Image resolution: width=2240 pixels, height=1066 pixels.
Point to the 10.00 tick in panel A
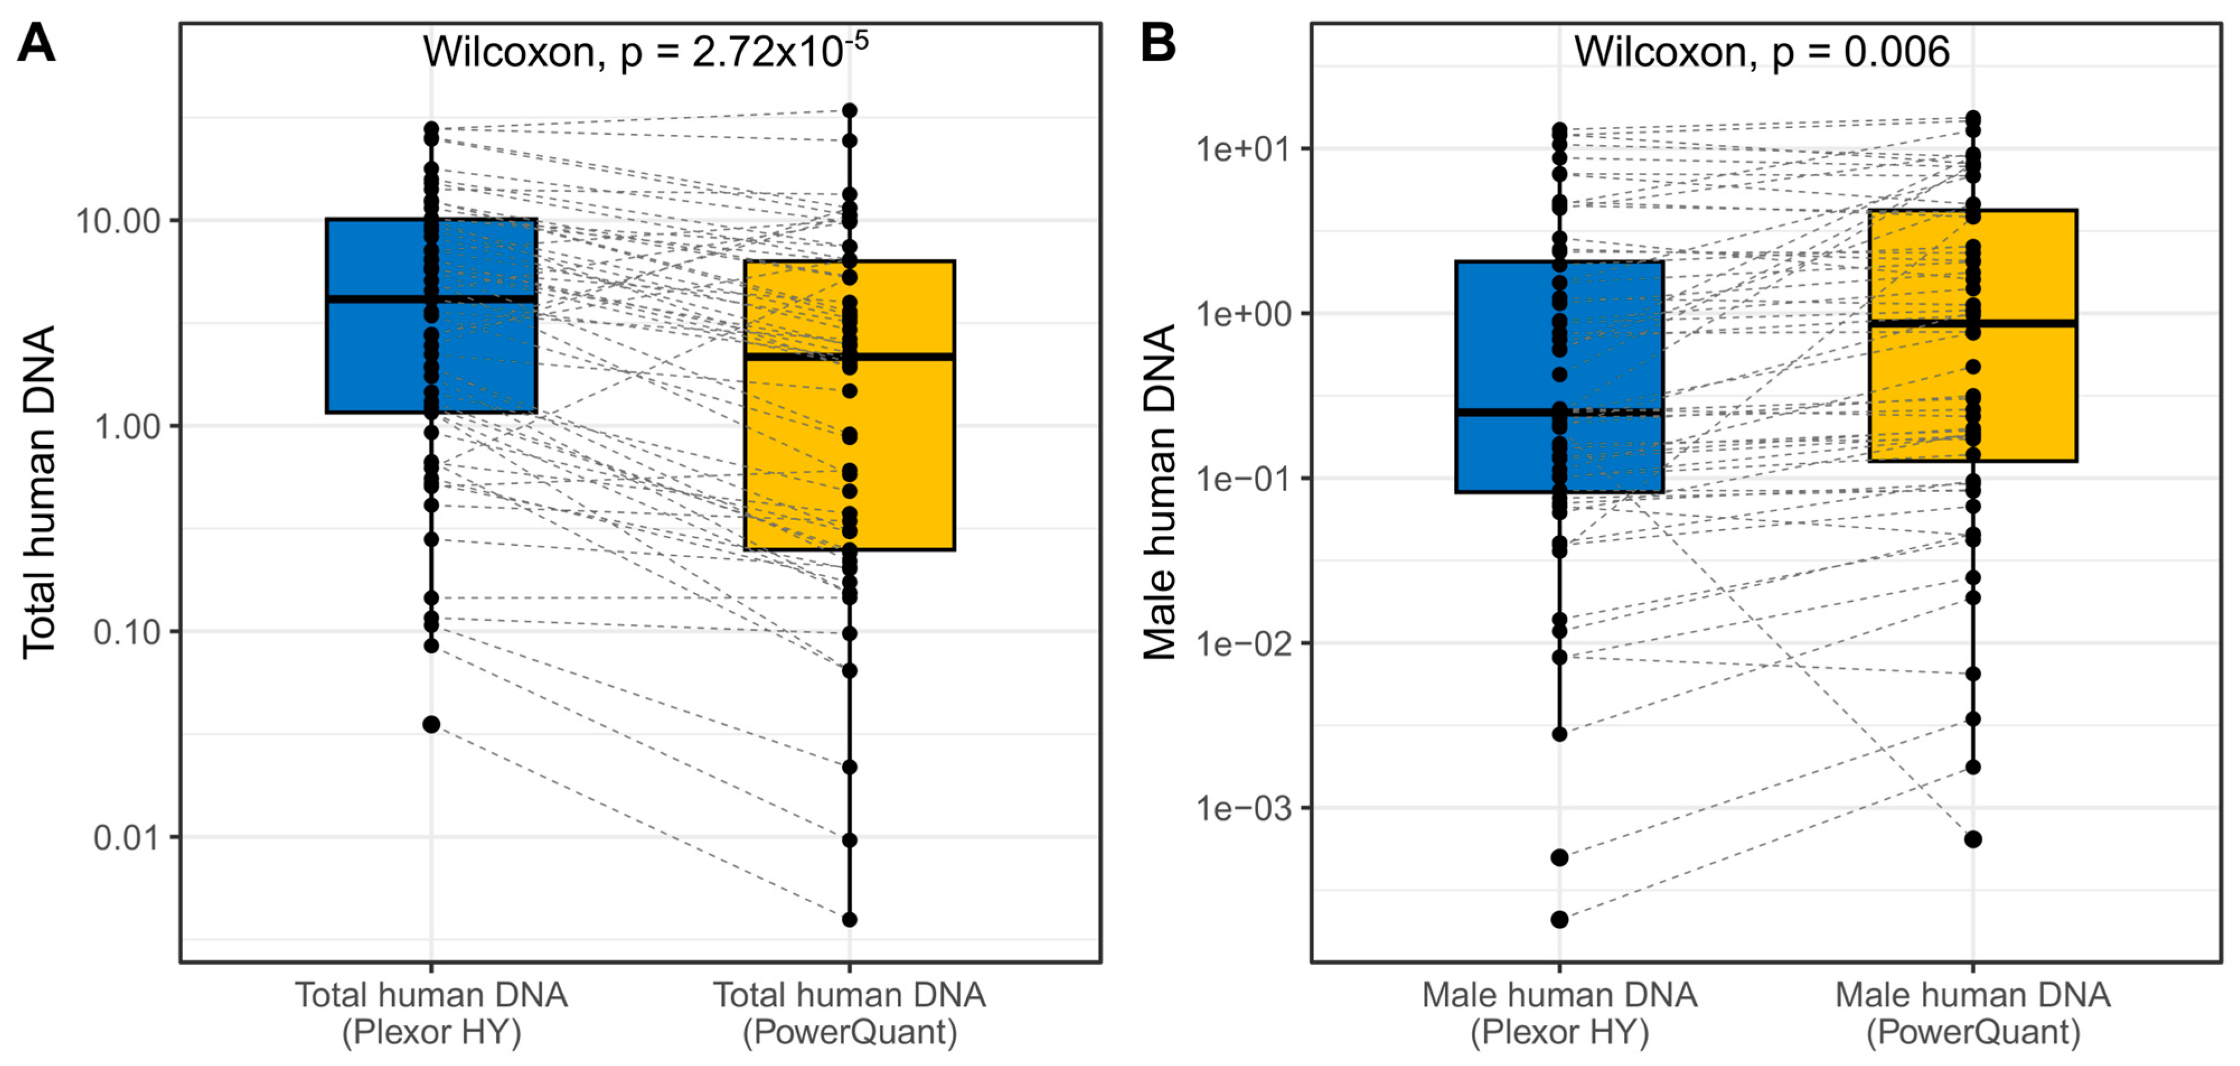click(119, 221)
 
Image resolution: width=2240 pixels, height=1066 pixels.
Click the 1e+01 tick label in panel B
click(1241, 149)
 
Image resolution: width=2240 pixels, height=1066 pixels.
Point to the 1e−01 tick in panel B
click(1241, 478)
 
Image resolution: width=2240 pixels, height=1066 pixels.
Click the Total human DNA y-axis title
click(39, 492)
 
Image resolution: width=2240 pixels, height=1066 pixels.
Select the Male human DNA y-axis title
click(1159, 492)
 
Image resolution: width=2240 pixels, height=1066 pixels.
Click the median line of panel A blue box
click(431, 299)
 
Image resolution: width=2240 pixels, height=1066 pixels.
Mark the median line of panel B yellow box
click(1973, 323)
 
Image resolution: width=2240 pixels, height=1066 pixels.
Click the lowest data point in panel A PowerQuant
click(850, 919)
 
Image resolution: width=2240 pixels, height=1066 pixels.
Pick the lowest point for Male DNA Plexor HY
click(1559, 919)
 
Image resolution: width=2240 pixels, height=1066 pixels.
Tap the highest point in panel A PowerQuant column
click(850, 110)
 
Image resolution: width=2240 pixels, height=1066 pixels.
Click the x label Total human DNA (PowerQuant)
click(850, 1013)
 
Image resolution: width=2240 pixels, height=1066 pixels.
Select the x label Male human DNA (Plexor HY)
click(1559, 1013)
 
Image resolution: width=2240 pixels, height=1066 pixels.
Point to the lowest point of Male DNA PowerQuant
click(1973, 839)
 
